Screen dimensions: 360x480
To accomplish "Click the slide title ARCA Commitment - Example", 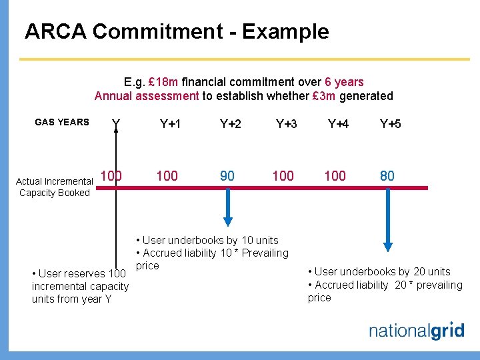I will click(x=177, y=31).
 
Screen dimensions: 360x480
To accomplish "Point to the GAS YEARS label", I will click(x=61, y=122).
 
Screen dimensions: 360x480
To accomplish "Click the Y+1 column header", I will click(x=170, y=123).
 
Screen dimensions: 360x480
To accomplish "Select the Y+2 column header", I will click(x=231, y=123).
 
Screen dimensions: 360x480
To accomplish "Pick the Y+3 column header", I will click(x=287, y=123).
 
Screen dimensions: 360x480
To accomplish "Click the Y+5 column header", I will click(x=390, y=123).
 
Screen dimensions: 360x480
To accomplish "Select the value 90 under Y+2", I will click(x=227, y=176).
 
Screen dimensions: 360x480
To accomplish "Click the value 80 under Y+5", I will click(x=387, y=176).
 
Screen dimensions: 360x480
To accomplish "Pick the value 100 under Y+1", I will click(x=167, y=176).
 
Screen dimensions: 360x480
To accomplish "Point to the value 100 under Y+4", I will click(x=335, y=176).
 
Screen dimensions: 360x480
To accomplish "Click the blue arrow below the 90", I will click(x=228, y=208).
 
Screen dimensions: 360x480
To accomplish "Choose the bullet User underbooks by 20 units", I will click(x=379, y=271).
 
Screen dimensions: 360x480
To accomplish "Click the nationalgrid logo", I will click(x=417, y=331).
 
